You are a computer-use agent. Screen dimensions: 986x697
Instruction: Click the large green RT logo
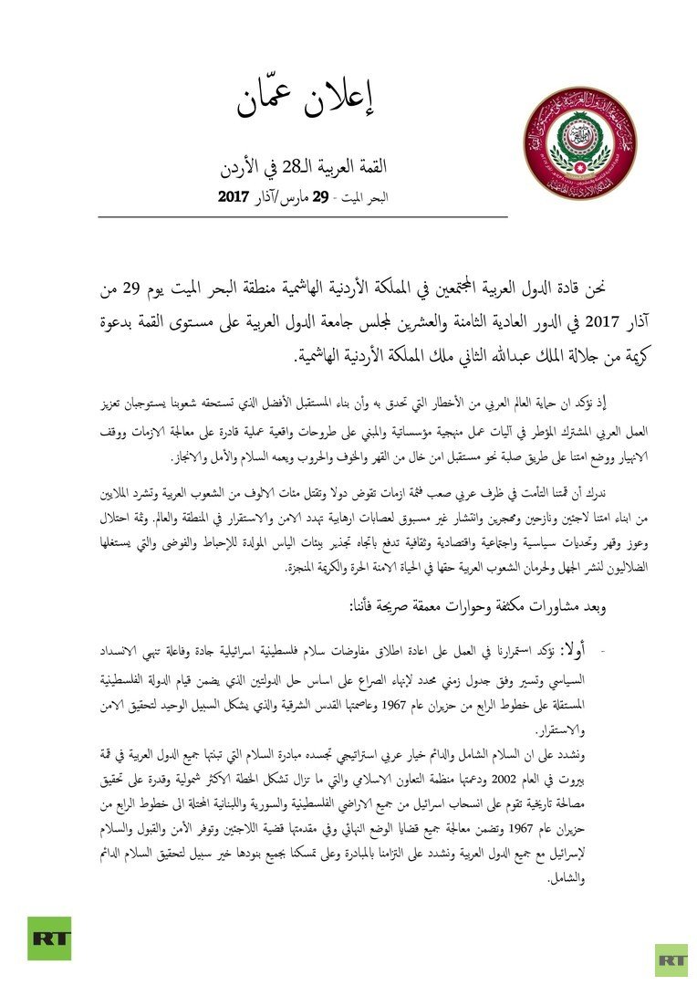(x=49, y=938)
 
